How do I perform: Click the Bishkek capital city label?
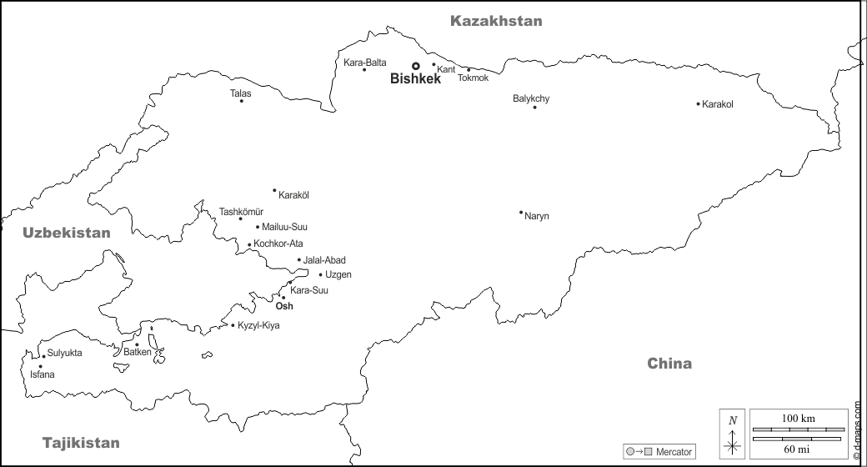pyautogui.click(x=415, y=80)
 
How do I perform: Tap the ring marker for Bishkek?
pyautogui.click(x=415, y=66)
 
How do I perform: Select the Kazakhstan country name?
pyautogui.click(x=496, y=21)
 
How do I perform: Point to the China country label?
pyautogui.click(x=669, y=364)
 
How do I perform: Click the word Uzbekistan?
pyautogui.click(x=67, y=233)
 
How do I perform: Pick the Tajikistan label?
pyautogui.click(x=81, y=443)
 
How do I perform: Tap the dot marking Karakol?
pyautogui.click(x=699, y=104)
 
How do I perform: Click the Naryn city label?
pyautogui.click(x=537, y=217)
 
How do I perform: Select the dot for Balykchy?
pyautogui.click(x=534, y=108)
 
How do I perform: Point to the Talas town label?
pyautogui.click(x=240, y=93)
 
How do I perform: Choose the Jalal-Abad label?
pyautogui.click(x=324, y=260)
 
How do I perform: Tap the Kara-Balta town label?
pyautogui.click(x=365, y=62)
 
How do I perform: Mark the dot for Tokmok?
pyautogui.click(x=468, y=70)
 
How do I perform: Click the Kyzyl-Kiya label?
pyautogui.click(x=258, y=325)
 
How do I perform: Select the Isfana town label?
pyautogui.click(x=43, y=374)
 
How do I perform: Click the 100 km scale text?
pyautogui.click(x=798, y=418)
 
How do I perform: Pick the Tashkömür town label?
pyautogui.click(x=241, y=211)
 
